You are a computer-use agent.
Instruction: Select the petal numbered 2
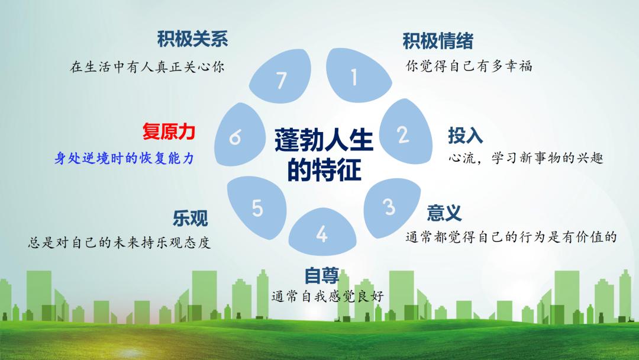coord(405,133)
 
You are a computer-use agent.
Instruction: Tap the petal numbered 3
coord(390,207)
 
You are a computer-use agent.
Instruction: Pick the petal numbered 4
coord(322,232)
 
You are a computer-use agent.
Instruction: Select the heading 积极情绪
coord(438,41)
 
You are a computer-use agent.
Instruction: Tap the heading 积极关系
coord(192,38)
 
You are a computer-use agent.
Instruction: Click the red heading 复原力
coord(169,131)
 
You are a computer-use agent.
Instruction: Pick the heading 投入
coord(466,136)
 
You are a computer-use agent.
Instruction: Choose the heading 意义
coord(444,213)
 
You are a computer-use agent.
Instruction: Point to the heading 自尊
coord(322,275)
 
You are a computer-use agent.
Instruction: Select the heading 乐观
coord(191,218)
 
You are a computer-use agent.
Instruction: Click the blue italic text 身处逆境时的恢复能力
coord(124,157)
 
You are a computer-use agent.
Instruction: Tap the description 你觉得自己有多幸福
coord(469,66)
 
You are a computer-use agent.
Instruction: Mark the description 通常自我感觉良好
coord(328,296)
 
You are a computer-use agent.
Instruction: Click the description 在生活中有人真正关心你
coord(147,66)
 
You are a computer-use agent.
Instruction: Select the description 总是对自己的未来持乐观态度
coord(120,243)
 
